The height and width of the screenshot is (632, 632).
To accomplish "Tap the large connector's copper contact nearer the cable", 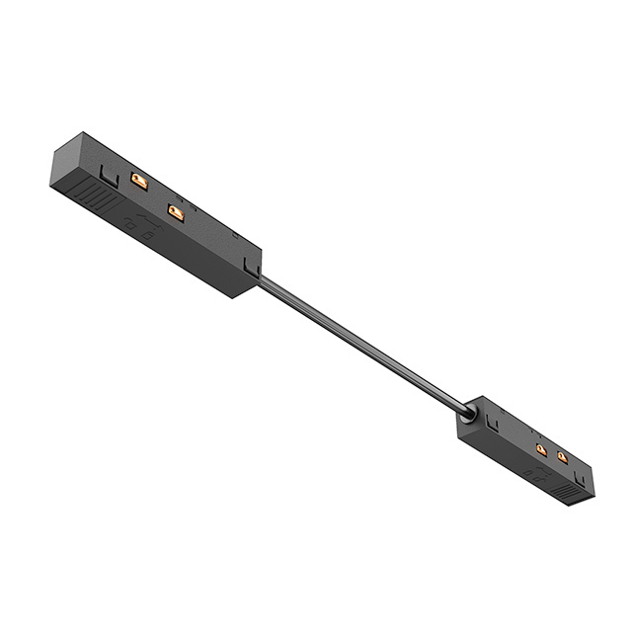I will point(177,211).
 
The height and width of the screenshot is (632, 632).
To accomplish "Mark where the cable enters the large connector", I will point(262,280).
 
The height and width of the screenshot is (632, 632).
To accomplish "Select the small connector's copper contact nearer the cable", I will point(541,450).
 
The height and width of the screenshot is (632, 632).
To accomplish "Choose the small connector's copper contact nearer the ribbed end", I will point(562,456).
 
